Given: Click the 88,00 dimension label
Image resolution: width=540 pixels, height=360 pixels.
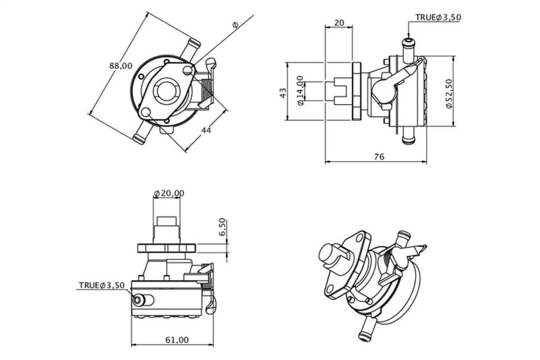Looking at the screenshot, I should point(121,66).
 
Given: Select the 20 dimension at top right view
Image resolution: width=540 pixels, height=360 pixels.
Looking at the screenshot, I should point(339,22).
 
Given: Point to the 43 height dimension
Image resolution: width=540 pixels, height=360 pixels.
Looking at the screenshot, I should point(283,93).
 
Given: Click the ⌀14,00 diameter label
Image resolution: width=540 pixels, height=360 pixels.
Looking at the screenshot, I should point(300,90).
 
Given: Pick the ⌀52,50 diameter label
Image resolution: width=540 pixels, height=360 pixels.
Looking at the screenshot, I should point(448,94).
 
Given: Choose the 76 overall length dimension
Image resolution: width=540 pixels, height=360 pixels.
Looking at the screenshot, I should point(379,157).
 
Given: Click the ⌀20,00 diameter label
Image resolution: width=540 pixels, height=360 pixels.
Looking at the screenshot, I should point(169,193).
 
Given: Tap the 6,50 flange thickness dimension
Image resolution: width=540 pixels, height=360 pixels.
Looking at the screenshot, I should point(222,227).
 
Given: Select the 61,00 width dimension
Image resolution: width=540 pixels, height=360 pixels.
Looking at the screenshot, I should point(177,339).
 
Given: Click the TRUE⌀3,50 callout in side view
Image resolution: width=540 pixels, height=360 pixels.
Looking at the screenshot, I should point(438,17).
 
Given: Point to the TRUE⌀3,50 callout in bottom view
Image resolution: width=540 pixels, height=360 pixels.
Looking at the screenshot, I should point(102,285).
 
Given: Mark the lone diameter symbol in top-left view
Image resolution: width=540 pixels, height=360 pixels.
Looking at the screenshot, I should point(235,24).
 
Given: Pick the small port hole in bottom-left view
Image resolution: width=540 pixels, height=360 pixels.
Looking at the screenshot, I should point(138,300).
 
